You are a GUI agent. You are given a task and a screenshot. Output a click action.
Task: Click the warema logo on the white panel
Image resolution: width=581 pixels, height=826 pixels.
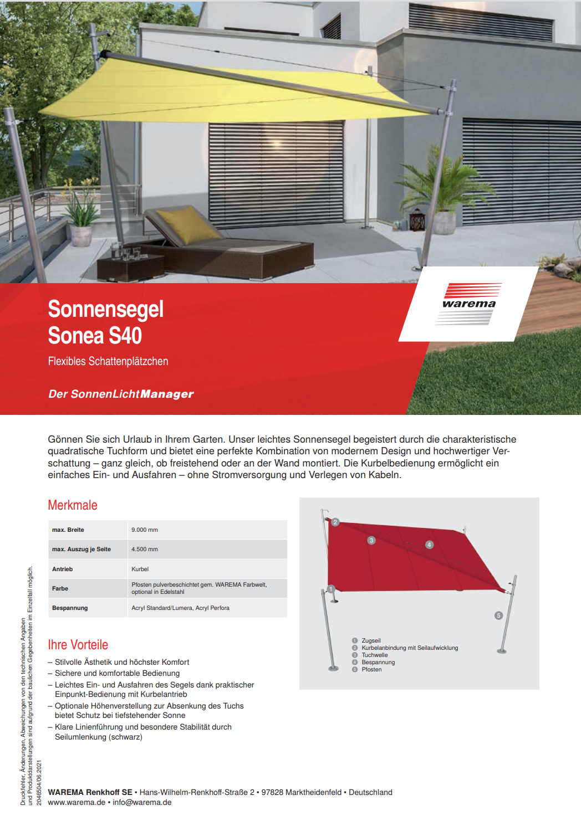[x=469, y=304]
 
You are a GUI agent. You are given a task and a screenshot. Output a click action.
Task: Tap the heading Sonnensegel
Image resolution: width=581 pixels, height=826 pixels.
[x=105, y=309]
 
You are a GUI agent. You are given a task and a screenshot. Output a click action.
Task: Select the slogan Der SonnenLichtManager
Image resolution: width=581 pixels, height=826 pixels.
[x=121, y=394]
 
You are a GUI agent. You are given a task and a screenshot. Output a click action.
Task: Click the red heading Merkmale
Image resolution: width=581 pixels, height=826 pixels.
[x=73, y=505]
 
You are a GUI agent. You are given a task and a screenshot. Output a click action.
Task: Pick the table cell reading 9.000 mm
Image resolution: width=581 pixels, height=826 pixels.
[x=145, y=530]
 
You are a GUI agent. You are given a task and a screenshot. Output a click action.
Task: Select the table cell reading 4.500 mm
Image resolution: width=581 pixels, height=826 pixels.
[x=145, y=550]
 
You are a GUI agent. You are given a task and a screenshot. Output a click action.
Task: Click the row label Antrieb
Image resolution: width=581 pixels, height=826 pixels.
[x=63, y=569]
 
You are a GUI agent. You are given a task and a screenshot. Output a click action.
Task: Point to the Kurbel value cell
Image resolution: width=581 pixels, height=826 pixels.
[x=140, y=569]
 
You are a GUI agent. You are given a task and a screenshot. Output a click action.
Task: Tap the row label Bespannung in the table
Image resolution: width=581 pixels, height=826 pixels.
[x=70, y=608]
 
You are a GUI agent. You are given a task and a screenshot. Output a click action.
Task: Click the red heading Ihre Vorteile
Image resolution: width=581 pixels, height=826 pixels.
[x=78, y=645]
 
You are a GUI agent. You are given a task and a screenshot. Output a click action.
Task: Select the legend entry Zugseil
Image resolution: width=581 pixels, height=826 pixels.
[x=371, y=640]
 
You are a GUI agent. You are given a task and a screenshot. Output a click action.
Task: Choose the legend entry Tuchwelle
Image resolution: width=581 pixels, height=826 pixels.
[x=375, y=655]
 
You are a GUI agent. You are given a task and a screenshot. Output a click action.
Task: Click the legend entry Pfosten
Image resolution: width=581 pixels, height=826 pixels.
[x=371, y=669]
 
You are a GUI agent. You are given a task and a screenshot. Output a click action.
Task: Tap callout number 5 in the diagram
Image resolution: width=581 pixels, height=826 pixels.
[x=498, y=615]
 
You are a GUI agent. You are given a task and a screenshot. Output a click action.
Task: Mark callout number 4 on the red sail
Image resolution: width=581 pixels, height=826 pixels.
[x=429, y=545]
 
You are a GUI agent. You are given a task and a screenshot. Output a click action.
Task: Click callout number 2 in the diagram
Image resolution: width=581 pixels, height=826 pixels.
[x=335, y=522]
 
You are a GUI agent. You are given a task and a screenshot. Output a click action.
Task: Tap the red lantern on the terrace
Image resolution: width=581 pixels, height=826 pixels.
[x=417, y=220]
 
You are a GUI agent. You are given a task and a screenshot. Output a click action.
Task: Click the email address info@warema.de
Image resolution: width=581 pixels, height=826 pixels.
[x=142, y=802]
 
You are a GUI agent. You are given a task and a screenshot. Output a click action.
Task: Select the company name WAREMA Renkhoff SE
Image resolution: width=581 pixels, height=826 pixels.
[x=90, y=792]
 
